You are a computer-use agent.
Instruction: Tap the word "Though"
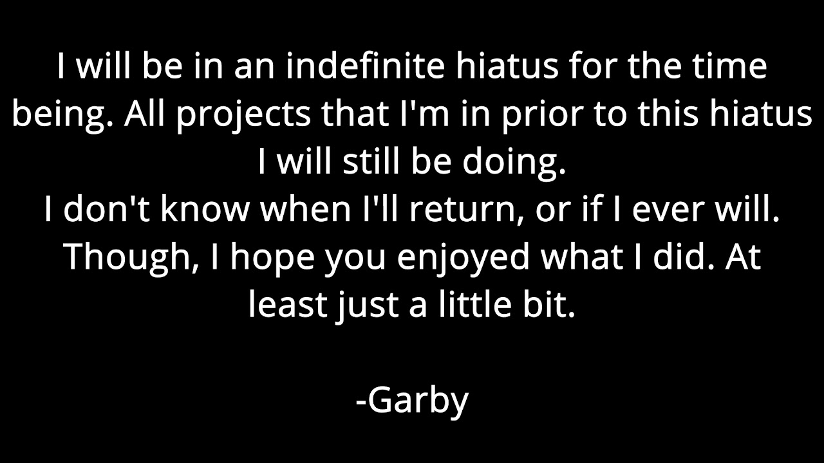[x=128, y=257]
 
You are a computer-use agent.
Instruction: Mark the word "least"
[x=288, y=305]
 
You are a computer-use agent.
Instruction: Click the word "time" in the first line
[x=736, y=67]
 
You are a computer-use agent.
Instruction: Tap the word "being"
[x=62, y=114]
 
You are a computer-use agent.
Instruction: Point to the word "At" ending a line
[x=744, y=257]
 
